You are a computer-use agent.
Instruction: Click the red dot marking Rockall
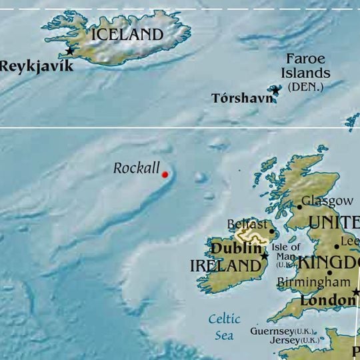tap(165, 175)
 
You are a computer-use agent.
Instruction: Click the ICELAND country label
tap(127, 35)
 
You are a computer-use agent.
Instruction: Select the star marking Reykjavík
tap(70, 51)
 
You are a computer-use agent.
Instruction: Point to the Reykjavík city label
tap(37, 66)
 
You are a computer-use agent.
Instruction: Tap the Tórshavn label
tap(242, 99)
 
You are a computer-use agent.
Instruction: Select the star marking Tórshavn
tap(275, 90)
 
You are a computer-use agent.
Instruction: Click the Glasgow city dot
tap(299, 207)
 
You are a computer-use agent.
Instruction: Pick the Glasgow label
tap(327, 201)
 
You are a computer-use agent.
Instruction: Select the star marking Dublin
tap(265, 255)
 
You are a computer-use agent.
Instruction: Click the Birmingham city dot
tap(329, 272)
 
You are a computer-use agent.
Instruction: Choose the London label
tap(327, 301)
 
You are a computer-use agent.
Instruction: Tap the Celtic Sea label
tap(224, 327)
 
